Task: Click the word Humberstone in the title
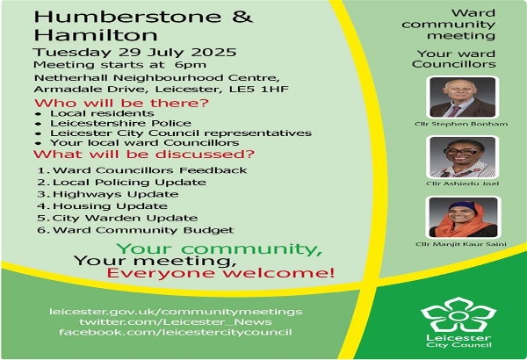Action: pos(127,17)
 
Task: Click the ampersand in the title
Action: pos(242,17)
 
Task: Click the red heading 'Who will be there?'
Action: pos(121,103)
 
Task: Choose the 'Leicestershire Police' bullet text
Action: pos(120,123)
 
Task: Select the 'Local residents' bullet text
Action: pos(102,113)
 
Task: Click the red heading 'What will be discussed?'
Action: pos(144,155)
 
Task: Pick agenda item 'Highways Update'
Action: pos(115,195)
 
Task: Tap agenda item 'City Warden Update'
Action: pos(125,218)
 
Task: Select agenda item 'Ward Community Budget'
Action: pos(143,230)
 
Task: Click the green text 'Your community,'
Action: pos(219,249)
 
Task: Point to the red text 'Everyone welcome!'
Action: pos(220,273)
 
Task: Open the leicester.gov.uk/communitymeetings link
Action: pos(176,312)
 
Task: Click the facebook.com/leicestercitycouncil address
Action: pos(176,333)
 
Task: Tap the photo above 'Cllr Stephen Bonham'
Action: pos(463,97)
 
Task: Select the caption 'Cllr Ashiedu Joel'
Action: pos(463,184)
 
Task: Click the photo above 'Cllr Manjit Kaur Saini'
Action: pos(463,218)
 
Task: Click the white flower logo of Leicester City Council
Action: pos(458,315)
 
